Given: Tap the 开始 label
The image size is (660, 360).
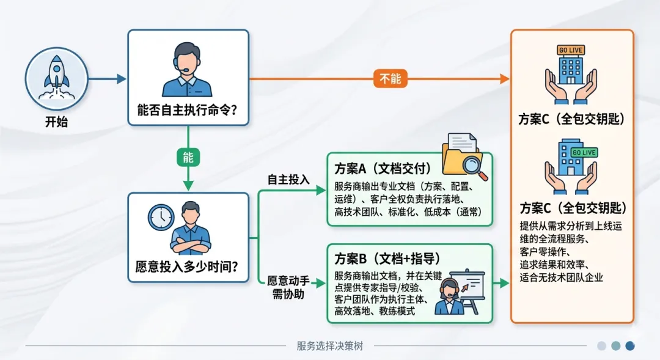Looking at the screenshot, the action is tap(56, 122).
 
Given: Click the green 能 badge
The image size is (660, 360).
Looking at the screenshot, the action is tap(188, 158).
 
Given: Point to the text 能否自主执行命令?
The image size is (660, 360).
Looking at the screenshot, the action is tap(188, 112).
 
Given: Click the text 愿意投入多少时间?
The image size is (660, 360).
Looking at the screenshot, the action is tap(188, 266).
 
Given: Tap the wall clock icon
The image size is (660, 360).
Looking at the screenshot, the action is tap(161, 216).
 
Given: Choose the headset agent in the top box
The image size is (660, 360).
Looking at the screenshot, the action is tap(188, 68).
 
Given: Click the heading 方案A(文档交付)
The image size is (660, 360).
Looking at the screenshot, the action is tap(383, 168).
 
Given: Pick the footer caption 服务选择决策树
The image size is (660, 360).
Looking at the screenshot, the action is tap(329, 346).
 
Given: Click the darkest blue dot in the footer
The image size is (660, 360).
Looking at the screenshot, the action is tap(630, 345).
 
